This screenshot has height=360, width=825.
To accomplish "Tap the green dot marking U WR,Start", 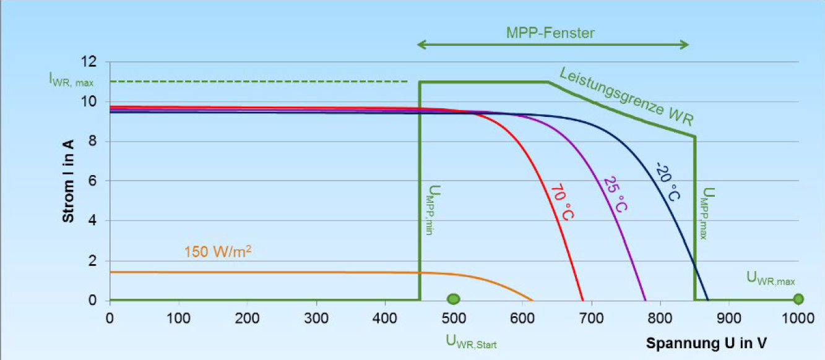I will tap(454, 299).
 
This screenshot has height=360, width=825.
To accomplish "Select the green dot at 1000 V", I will tap(798, 299).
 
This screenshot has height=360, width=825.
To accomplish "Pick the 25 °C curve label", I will tap(615, 194).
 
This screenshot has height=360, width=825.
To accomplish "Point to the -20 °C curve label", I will tap(667, 181).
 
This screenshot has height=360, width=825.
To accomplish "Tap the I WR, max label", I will tap(71, 79).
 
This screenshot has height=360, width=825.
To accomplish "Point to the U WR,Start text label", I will tap(470, 341).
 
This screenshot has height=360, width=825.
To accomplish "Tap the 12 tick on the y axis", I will tap(90, 62).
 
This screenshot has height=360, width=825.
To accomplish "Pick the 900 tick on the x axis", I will tap(729, 319).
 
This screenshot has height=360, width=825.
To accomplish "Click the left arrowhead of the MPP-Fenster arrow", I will tap(420, 45).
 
